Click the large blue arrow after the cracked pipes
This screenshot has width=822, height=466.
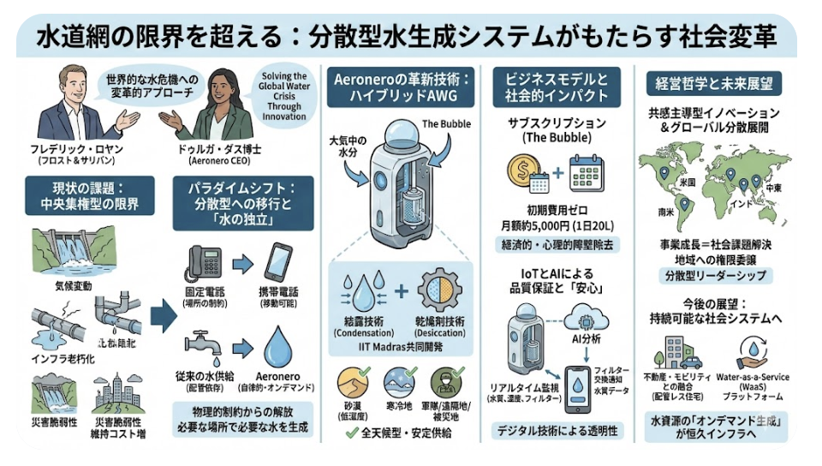point(162,318)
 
